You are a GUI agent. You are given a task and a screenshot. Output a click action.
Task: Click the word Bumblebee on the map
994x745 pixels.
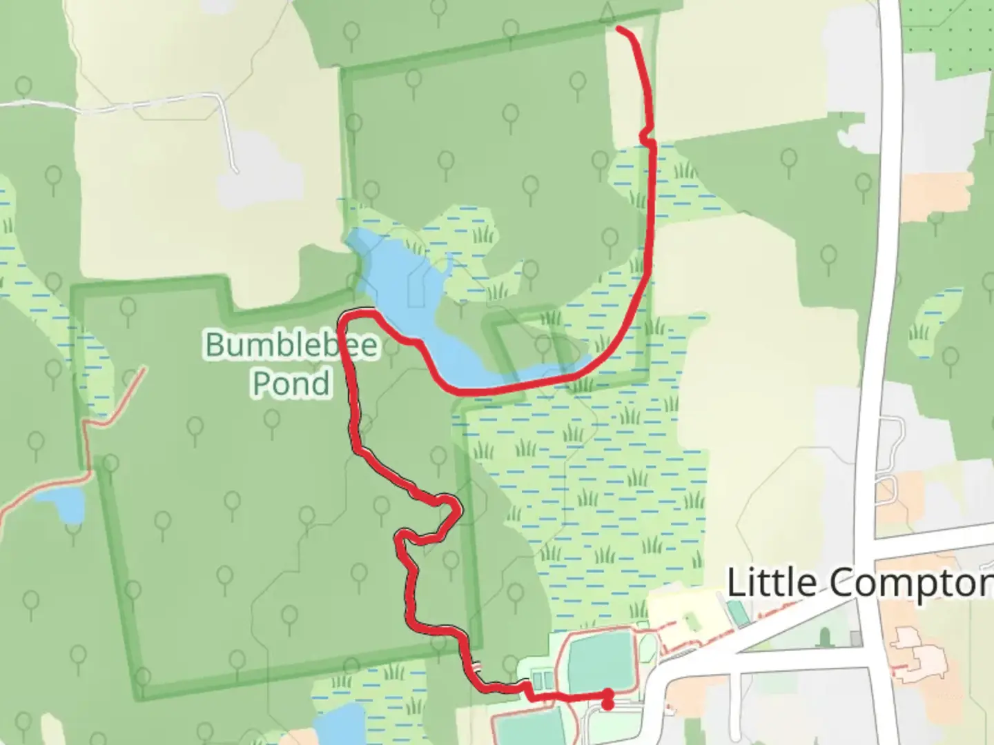pos(292,344)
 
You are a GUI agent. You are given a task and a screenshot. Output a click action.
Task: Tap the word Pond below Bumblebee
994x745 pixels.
pos(291,384)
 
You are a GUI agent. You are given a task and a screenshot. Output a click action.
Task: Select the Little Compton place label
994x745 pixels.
pos(860,583)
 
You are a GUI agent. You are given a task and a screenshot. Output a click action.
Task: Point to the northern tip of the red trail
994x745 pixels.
pos(617,28)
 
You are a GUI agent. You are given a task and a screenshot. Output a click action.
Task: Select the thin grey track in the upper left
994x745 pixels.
pos(138,104)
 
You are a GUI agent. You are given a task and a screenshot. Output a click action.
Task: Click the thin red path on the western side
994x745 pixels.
pos(86,441)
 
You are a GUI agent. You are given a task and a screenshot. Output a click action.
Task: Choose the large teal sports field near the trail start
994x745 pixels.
pos(598,662)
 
